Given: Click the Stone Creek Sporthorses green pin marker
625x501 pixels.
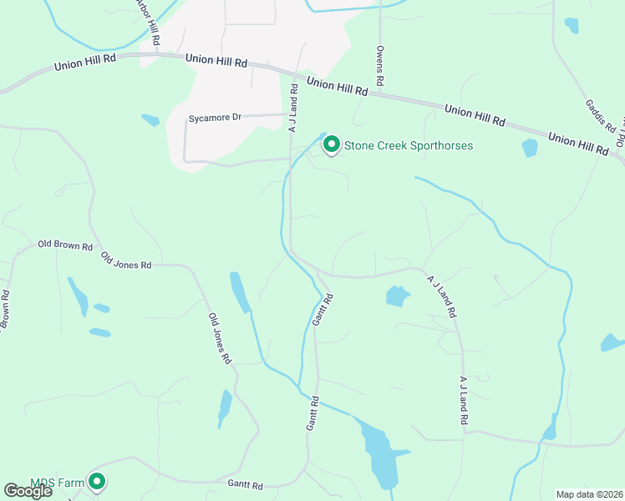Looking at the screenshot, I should click(331, 145).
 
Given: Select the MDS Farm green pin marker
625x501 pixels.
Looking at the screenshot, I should click(98, 482).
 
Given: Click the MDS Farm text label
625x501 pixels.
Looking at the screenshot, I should click(58, 483).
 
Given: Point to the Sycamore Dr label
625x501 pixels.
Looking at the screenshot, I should click(215, 118).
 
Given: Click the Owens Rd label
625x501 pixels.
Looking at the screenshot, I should click(380, 67).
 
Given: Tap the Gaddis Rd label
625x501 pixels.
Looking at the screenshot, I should click(600, 116).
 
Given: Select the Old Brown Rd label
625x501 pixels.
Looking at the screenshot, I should click(65, 245).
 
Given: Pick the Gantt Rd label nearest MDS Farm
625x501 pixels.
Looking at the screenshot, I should click(245, 485).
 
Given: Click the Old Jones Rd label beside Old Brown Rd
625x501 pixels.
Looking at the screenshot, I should click(126, 260).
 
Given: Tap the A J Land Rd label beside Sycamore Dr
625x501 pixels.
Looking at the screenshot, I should click(293, 108).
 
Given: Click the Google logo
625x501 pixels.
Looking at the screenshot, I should click(28, 490).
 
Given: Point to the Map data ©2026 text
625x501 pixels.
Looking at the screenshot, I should click(590, 494).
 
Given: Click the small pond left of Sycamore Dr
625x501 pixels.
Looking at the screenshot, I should click(150, 120).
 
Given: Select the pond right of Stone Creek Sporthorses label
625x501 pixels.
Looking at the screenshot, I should click(530, 149).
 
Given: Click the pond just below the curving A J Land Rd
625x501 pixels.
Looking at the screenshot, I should click(397, 296).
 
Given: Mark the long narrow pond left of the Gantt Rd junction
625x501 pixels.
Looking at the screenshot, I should click(240, 293).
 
